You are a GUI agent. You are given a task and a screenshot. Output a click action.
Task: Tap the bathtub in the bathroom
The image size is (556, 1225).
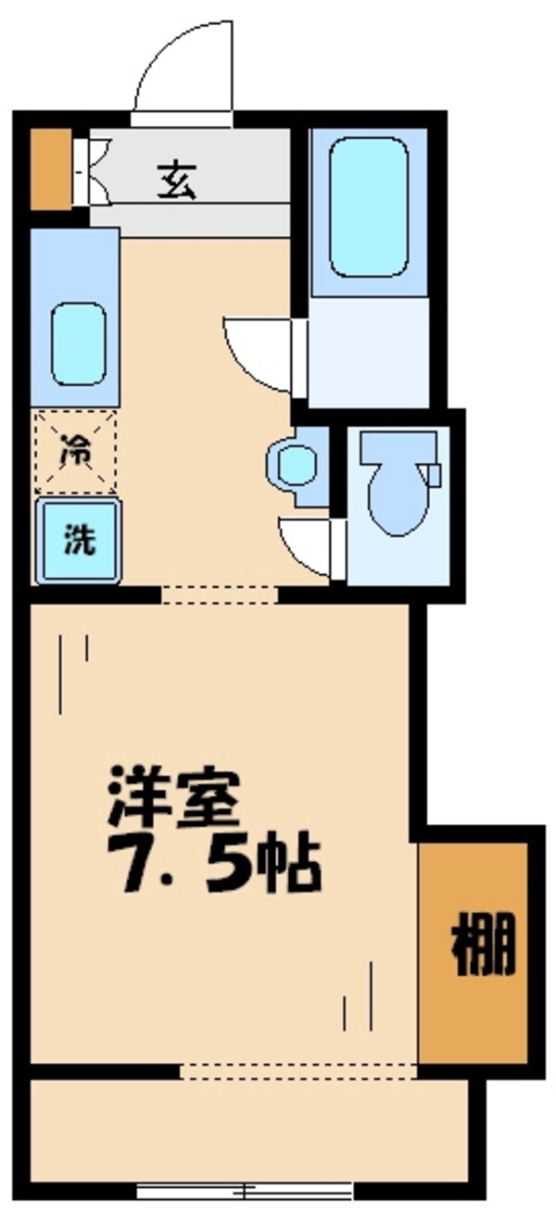click(x=368, y=207)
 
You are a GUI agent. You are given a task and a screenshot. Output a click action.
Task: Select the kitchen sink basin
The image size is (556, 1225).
click(x=78, y=344)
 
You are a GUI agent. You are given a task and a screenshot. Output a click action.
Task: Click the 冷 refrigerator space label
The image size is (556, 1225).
click(x=77, y=453)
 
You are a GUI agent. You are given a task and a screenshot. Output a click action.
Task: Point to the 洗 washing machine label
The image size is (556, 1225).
click(x=78, y=540)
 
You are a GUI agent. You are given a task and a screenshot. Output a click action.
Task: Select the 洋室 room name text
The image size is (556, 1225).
click(x=173, y=796)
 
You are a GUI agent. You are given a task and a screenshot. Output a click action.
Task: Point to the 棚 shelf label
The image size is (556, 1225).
click(x=482, y=947)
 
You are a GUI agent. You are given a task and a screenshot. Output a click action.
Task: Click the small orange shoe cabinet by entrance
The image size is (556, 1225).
click(x=50, y=169)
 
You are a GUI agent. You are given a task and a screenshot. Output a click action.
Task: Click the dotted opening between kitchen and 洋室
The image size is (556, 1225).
click(x=219, y=594)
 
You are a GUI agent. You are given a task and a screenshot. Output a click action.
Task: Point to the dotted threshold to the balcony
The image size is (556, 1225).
click(x=297, y=1071)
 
